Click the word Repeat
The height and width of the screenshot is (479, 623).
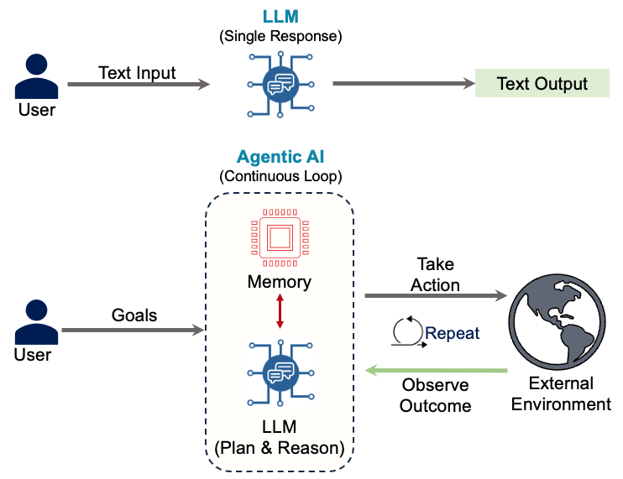453,333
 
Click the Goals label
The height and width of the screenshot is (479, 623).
134,315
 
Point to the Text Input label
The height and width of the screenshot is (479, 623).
137,72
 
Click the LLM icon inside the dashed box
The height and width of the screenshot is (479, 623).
279,370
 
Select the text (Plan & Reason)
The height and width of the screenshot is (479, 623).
280,448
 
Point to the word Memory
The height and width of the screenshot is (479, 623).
280,282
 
